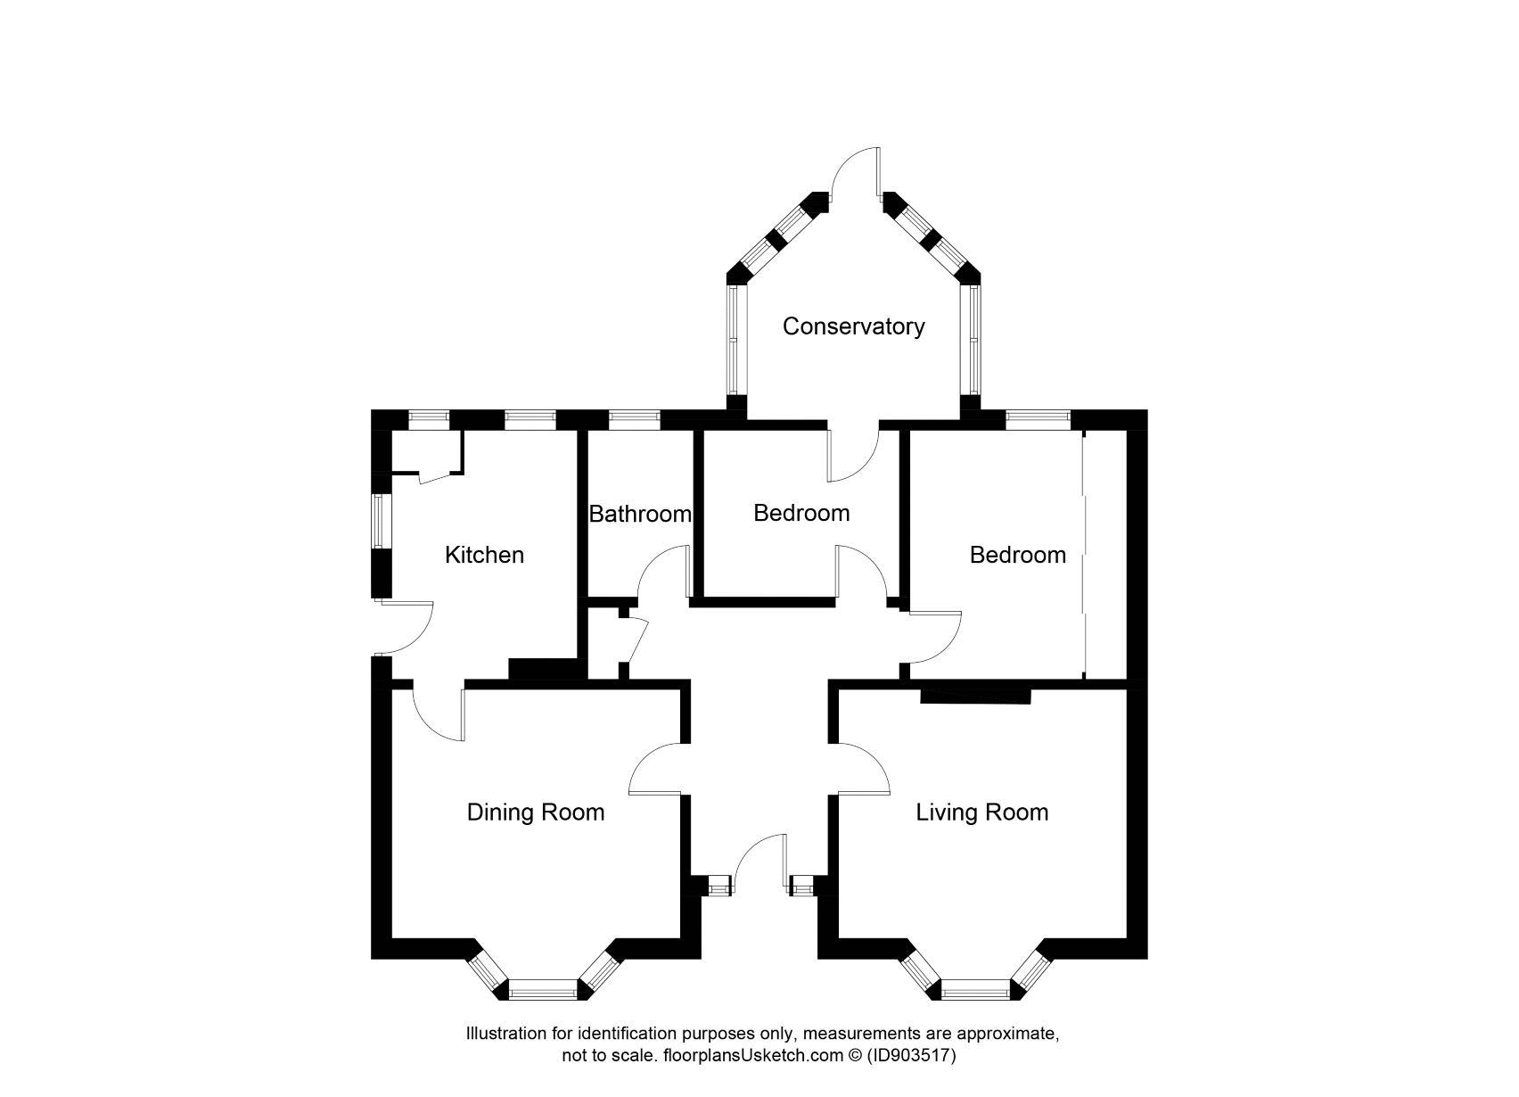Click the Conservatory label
coord(853,326)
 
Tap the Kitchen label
coord(484,555)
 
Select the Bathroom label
coord(639,514)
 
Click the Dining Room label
coord(535,812)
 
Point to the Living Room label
coord(981,812)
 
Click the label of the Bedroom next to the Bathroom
coord(801,513)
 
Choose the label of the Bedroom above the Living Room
coord(1017,555)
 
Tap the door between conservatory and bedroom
coord(853,455)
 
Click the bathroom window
coord(634,416)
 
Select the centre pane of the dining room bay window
coord(543,988)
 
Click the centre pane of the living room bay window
coord(976,988)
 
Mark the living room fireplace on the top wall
coord(975,695)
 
